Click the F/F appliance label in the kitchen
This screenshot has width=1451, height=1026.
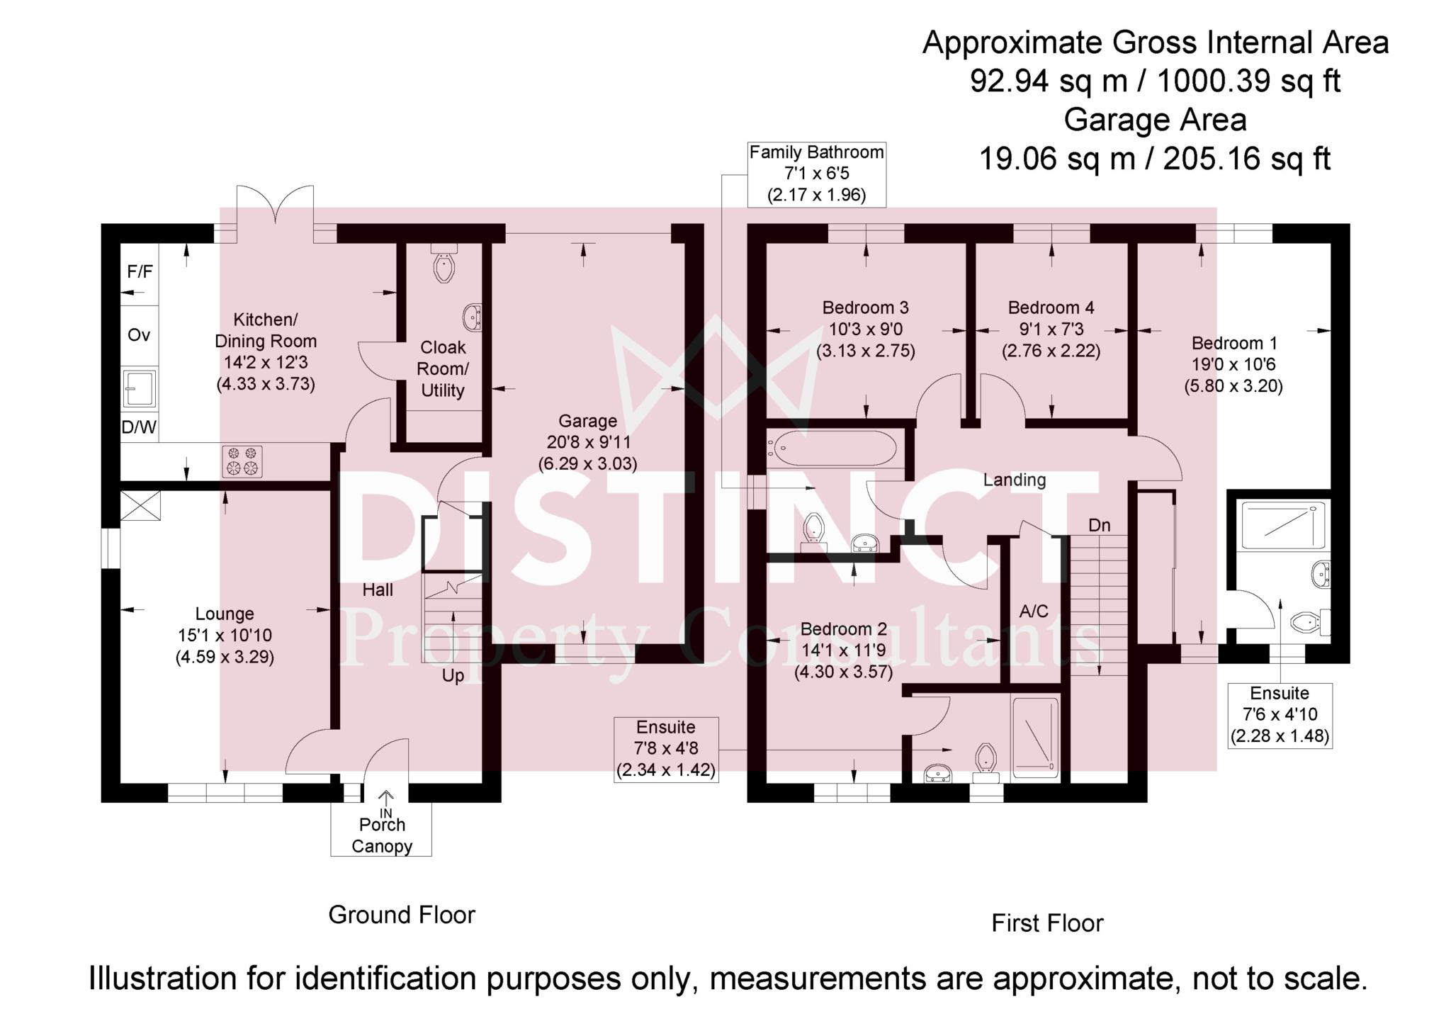click(x=140, y=272)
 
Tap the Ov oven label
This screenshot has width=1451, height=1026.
click(x=139, y=335)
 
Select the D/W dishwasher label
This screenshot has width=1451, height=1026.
click(x=140, y=427)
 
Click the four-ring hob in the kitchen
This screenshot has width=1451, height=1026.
click(x=242, y=460)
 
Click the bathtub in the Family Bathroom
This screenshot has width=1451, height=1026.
click(x=833, y=449)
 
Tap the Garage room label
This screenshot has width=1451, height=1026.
click(x=587, y=422)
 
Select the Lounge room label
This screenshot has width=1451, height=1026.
click(x=225, y=614)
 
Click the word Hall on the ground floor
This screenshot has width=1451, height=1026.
click(x=378, y=590)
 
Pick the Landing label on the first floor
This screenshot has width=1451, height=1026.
click(x=1015, y=480)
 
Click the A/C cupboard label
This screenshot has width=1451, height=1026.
click(x=1033, y=611)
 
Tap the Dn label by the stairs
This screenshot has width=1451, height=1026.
click(x=1100, y=526)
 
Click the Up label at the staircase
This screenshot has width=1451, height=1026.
click(x=453, y=676)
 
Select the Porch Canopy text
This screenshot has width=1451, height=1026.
click(x=382, y=835)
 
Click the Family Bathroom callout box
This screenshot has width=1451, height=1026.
click(x=817, y=174)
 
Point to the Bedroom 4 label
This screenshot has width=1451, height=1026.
click(x=1051, y=308)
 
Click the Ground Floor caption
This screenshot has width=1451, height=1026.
click(x=402, y=915)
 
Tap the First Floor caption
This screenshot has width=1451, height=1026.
click(x=1047, y=923)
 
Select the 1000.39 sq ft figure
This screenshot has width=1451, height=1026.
click(x=1248, y=81)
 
